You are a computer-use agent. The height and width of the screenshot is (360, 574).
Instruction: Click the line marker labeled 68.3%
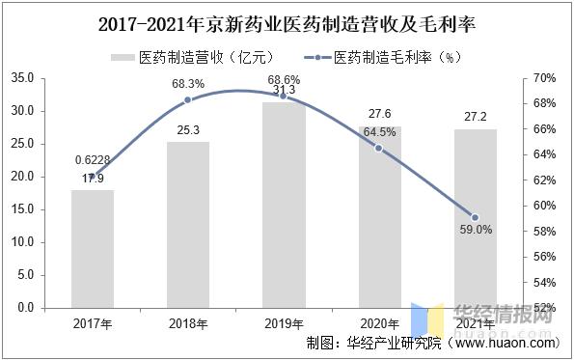tap(188, 99)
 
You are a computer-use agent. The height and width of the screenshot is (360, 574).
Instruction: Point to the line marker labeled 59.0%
tap(474, 217)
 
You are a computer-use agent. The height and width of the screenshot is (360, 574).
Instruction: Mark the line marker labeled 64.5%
tap(378, 148)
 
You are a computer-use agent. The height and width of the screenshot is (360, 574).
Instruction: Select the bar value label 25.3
tap(188, 130)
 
